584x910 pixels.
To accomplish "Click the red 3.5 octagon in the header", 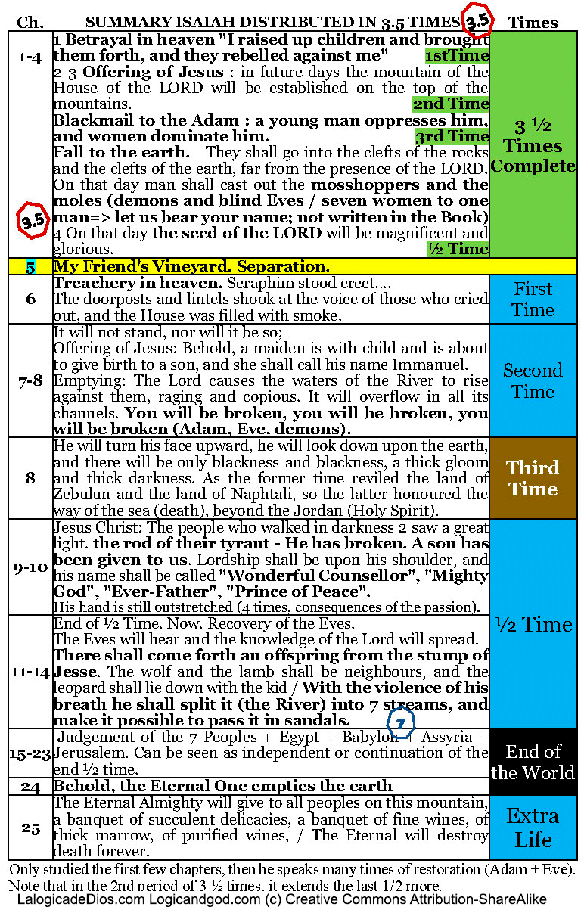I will [478, 22].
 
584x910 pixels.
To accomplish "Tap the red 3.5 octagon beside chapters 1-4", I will [31, 220].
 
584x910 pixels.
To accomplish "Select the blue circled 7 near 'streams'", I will [401, 723].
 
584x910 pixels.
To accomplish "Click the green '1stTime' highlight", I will [456, 56].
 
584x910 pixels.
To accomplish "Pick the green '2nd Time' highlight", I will [451, 104].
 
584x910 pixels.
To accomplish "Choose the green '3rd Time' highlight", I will [452, 137].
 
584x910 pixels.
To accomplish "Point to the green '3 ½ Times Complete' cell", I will [533, 145].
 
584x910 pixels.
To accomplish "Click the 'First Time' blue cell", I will [533, 300].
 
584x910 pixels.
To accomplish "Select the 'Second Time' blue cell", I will [533, 380].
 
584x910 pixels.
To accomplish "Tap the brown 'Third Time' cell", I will [533, 478].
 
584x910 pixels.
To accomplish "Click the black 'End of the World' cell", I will [533, 762].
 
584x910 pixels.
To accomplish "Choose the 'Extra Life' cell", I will [533, 827].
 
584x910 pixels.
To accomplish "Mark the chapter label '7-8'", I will [30, 380].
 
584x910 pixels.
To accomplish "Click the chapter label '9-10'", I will [30, 567].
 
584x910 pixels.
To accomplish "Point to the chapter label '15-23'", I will [30, 753].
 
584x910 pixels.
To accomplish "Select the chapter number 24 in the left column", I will [30, 787].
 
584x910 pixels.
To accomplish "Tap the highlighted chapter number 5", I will [30, 266].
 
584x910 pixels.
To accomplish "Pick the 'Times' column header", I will [533, 23].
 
